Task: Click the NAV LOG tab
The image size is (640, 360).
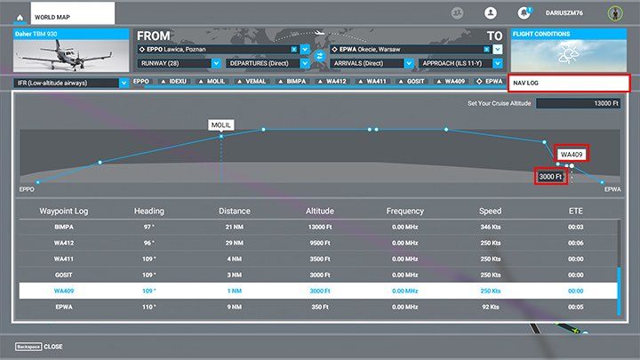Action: click(569, 84)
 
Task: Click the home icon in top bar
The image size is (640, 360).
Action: click(20, 17)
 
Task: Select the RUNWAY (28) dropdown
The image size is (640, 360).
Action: click(179, 64)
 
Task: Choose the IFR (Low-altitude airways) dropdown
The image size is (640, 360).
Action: click(72, 83)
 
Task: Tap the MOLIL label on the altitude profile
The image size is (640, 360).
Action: click(221, 125)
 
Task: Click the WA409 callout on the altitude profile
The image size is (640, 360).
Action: click(571, 155)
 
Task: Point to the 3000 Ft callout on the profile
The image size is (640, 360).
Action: click(551, 177)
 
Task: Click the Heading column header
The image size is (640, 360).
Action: click(149, 212)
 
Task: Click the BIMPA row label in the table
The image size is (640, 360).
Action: click(65, 228)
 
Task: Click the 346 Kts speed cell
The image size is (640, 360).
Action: click(491, 228)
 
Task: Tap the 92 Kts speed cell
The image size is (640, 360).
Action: click(491, 307)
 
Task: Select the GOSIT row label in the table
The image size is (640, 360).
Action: click(65, 275)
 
